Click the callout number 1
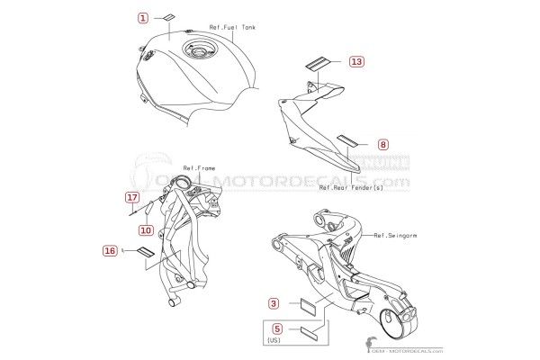pyautogui.click(x=143, y=18)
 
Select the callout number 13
pyautogui.click(x=356, y=61)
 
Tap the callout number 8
pyautogui.click(x=383, y=144)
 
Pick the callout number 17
pyautogui.click(x=132, y=197)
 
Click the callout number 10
pyautogui.click(x=146, y=230)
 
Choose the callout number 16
pyautogui.click(x=110, y=250)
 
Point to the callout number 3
pyautogui.click(x=274, y=303)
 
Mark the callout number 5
pyautogui.click(x=277, y=328)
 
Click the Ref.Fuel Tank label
pyautogui.click(x=232, y=27)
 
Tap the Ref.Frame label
pyautogui.click(x=199, y=168)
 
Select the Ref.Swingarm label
pyautogui.click(x=395, y=236)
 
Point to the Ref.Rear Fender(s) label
pyautogui.click(x=351, y=188)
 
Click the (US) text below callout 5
pyautogui.click(x=274, y=340)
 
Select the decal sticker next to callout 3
pyautogui.click(x=309, y=304)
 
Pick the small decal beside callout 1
pyautogui.click(x=169, y=18)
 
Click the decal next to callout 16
pyautogui.click(x=146, y=251)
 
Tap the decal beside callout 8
pyautogui.click(x=346, y=140)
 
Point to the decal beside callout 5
pyautogui.click(x=309, y=331)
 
